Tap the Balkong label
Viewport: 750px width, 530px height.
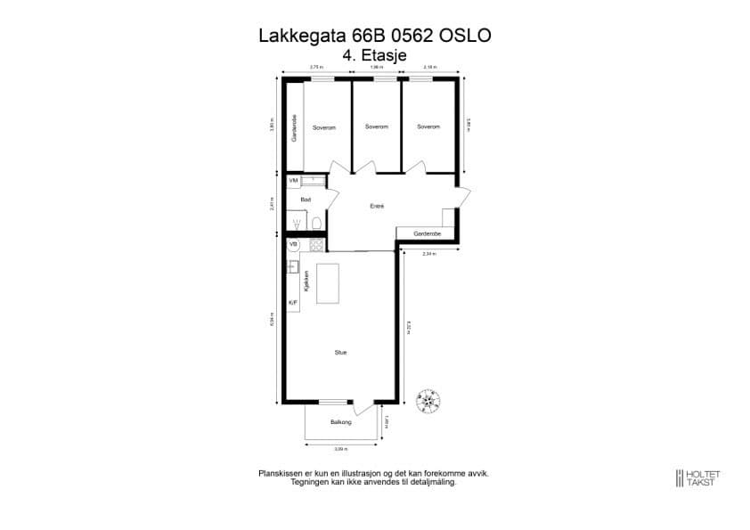coord(341,421)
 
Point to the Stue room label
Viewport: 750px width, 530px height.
coord(340,353)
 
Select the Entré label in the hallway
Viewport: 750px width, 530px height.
coord(377,207)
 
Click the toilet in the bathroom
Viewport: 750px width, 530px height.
coord(316,222)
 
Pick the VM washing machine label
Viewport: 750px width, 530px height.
coord(293,181)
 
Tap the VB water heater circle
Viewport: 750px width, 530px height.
coord(294,243)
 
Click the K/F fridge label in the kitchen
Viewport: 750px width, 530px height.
coord(293,303)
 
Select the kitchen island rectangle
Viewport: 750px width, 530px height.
coord(329,283)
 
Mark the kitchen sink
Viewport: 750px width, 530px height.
coord(292,265)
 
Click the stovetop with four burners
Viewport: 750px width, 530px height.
coord(315,243)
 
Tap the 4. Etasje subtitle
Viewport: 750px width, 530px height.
coord(374,54)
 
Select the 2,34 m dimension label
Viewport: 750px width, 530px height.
coord(429,254)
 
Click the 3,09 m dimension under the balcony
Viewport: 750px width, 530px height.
coord(340,448)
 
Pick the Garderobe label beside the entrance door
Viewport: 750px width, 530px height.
coord(427,233)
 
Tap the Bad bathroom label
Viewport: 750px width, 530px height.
coord(306,200)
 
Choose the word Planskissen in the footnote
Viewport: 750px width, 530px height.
coord(278,474)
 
